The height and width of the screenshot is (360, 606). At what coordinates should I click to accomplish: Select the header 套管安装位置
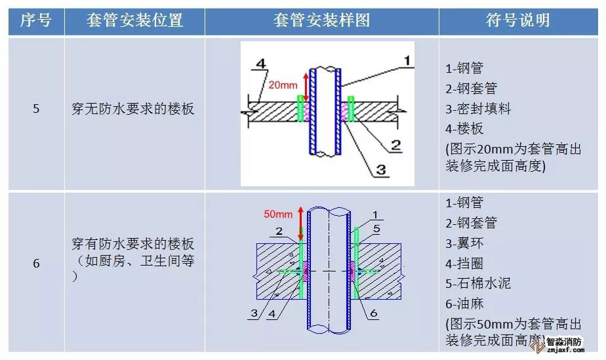[x=134, y=20]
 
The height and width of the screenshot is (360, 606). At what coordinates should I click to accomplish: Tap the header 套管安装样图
[x=321, y=20]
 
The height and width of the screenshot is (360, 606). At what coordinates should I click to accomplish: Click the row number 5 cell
[x=36, y=109]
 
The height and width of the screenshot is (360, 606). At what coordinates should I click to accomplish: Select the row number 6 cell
[x=36, y=264]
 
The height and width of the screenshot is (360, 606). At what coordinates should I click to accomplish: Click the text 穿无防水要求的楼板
[x=133, y=109]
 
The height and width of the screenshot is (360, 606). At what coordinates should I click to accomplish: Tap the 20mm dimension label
[x=283, y=85]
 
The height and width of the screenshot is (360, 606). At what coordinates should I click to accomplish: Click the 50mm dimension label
[x=277, y=214]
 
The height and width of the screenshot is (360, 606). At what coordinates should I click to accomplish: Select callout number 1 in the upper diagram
[x=407, y=61]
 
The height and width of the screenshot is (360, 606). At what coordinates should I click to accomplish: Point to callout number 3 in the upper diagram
[x=379, y=171]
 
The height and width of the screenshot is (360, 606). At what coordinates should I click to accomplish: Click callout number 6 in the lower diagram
[x=374, y=313]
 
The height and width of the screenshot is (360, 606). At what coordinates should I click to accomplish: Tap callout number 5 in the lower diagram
[x=377, y=229]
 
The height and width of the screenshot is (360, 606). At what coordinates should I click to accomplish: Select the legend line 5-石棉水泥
[x=477, y=284]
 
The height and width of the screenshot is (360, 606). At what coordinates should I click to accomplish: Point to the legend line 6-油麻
[x=464, y=304]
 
